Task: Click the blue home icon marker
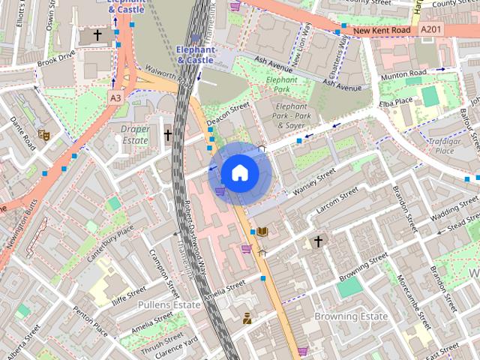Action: point(239,173)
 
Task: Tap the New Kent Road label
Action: point(382,31)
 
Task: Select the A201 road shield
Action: point(430,30)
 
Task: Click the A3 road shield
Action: point(115,97)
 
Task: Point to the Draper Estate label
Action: point(135,134)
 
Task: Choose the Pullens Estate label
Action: point(169,304)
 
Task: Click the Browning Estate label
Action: point(351,316)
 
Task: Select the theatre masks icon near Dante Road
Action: point(44,135)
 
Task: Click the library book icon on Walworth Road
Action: point(262,232)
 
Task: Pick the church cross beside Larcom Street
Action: point(318,241)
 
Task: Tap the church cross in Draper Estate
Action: point(168,135)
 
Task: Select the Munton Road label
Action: point(405,73)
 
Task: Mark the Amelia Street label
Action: point(225,289)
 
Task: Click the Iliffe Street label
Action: point(129,295)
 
